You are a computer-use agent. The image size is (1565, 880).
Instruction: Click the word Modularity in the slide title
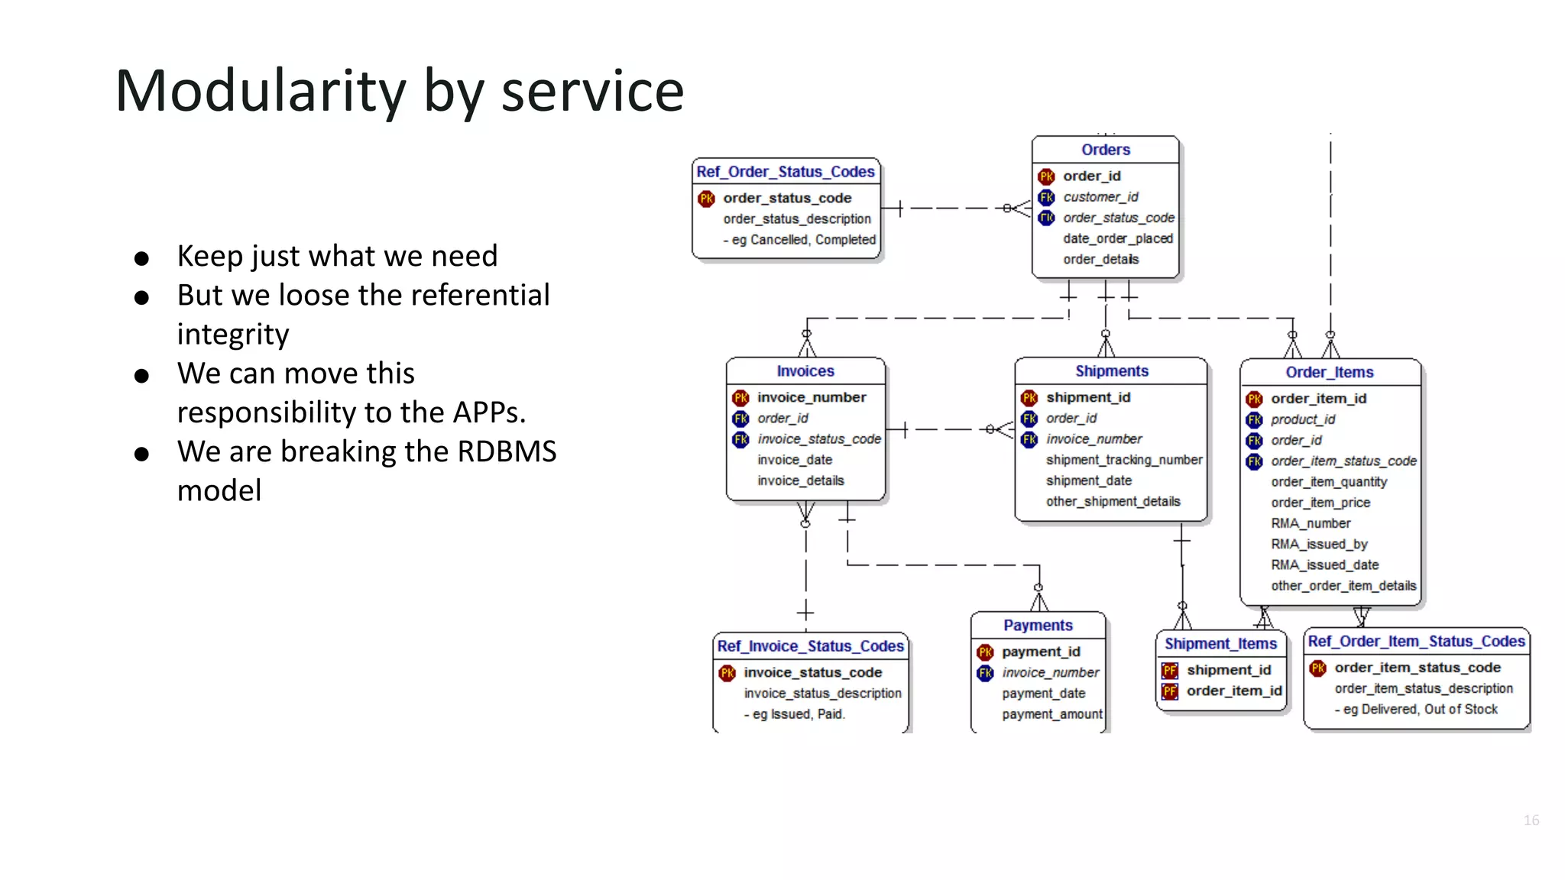(260, 92)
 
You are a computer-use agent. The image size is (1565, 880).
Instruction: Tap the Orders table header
(1105, 150)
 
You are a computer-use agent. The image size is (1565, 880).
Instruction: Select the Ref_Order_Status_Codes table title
(785, 172)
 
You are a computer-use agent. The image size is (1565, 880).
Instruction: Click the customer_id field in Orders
(1100, 197)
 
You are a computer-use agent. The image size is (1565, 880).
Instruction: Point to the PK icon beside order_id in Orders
(1046, 176)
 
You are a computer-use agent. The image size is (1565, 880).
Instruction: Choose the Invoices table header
(805, 371)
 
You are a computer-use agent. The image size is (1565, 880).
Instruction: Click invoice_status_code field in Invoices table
(818, 439)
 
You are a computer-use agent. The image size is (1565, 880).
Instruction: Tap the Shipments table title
(1111, 371)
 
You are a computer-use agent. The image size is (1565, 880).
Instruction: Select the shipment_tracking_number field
(1123, 460)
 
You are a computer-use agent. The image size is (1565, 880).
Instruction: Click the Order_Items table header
(1329, 372)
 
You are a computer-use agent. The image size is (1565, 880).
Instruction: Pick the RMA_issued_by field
(1319, 544)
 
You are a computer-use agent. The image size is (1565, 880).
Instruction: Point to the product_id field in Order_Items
(1303, 419)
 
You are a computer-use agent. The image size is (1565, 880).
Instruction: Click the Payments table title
(1038, 626)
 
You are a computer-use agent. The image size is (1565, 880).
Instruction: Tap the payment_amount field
(1051, 714)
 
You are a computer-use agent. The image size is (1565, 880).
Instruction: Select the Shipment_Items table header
(1220, 644)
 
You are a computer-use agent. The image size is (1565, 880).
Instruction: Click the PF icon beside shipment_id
(1169, 671)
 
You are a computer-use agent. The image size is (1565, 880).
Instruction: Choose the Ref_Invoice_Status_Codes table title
(810, 646)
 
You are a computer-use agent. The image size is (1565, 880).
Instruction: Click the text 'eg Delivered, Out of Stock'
(1420, 710)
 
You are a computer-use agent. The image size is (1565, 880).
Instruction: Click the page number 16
(1531, 820)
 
